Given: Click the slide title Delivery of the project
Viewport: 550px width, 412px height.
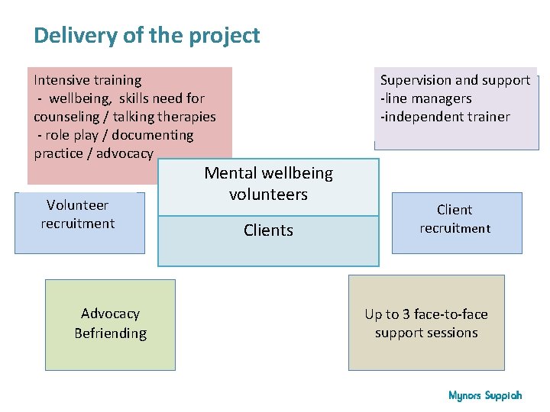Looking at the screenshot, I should click(147, 35).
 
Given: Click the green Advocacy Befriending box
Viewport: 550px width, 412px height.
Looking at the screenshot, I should click(110, 323).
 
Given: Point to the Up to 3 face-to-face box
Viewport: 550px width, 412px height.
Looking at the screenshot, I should click(426, 323).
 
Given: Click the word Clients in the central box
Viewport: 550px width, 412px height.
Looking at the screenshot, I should click(268, 230).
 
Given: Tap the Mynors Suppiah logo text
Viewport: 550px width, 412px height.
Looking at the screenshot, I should click(485, 395).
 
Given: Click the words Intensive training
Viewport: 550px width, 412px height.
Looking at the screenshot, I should click(87, 80).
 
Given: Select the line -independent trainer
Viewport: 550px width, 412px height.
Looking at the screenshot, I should click(445, 117).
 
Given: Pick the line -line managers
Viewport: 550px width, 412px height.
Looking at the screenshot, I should click(425, 98).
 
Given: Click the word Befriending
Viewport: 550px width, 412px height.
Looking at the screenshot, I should click(110, 333).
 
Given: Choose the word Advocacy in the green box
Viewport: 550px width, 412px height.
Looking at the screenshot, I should click(110, 314).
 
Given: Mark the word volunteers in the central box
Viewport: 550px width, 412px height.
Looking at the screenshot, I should click(268, 195).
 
